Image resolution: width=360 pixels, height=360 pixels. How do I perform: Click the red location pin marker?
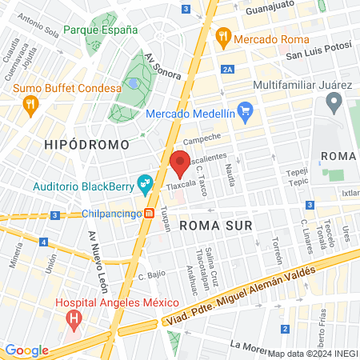(x=180, y=163)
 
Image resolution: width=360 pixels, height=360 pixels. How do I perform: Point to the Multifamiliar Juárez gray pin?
(x=334, y=102)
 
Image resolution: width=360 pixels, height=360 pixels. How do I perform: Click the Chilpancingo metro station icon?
(x=150, y=214)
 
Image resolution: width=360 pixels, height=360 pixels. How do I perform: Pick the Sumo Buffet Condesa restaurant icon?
(x=30, y=103)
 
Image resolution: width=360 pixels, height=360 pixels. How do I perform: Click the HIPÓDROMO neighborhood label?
(x=87, y=145)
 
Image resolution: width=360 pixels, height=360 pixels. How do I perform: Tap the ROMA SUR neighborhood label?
(x=216, y=226)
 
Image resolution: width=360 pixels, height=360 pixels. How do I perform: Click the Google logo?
(x=26, y=350)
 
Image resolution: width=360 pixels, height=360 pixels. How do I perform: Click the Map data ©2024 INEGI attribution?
(x=313, y=353)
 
